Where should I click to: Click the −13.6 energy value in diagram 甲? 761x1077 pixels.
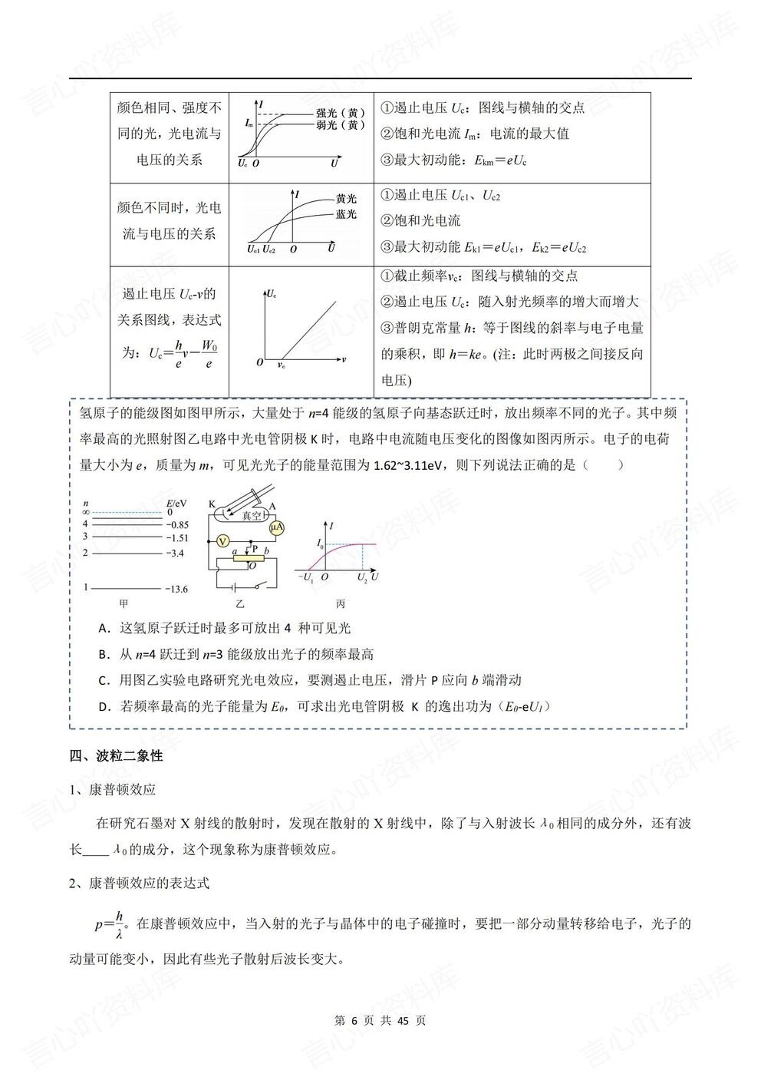coord(176,589)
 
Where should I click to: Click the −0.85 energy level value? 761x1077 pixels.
coord(176,525)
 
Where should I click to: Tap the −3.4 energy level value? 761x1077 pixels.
coord(174,553)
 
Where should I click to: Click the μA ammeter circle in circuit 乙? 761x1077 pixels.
coord(276,528)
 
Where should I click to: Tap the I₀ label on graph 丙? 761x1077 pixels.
coord(320,543)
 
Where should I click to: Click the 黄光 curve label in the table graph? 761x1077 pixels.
coord(346,198)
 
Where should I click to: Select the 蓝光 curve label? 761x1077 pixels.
coord(346,214)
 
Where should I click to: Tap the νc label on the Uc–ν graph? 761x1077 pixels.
coord(282,367)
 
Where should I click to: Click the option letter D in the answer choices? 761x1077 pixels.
coord(104,706)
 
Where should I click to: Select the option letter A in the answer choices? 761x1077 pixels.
coord(104,628)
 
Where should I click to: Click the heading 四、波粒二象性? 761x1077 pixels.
coord(116,756)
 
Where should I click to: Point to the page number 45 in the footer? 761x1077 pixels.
coord(405,1020)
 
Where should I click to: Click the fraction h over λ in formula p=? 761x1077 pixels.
coord(118,924)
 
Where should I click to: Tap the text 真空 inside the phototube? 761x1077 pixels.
coord(252,516)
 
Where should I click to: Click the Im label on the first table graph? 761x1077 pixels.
coord(249,123)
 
